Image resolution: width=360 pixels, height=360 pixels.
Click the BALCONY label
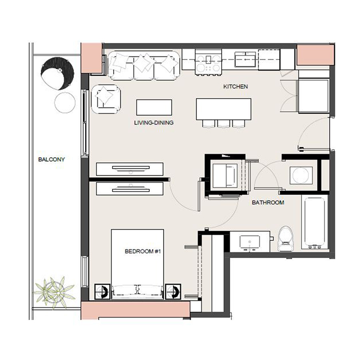tap(51, 159)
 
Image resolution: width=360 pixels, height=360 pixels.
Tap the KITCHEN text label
tap(236, 86)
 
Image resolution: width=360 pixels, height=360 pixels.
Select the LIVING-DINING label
tap(154, 123)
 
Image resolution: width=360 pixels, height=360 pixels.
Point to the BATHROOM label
tap(268, 202)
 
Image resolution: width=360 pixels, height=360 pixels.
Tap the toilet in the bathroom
tap(285, 239)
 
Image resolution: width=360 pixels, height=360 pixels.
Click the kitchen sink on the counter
tap(245, 60)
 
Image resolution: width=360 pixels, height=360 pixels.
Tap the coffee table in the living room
tap(154, 107)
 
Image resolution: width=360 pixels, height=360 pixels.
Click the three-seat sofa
tap(143, 64)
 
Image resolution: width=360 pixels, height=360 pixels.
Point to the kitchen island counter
tap(223, 108)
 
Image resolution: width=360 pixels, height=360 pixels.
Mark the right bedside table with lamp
tap(173, 291)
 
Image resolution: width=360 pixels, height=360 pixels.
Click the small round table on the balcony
tap(65, 103)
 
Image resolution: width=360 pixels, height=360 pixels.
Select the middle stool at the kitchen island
tap(223, 124)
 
